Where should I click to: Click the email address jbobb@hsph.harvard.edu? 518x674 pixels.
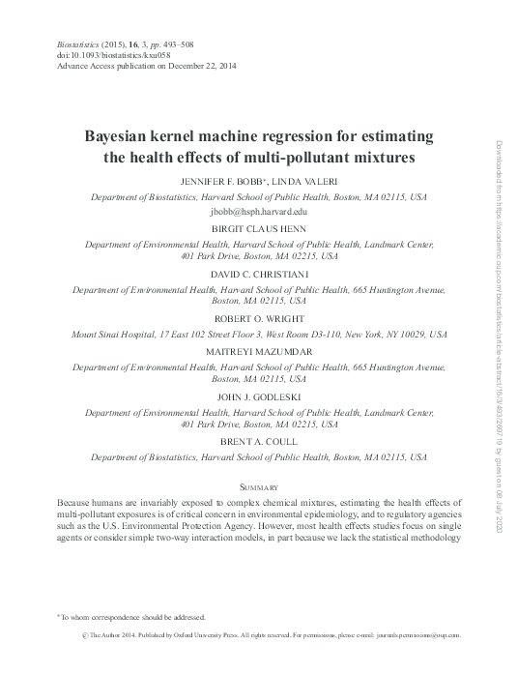pyautogui.click(x=258, y=209)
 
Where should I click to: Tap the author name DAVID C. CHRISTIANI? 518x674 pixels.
pyautogui.click(x=258, y=274)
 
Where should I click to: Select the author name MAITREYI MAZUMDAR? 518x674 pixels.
pyautogui.click(x=258, y=351)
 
